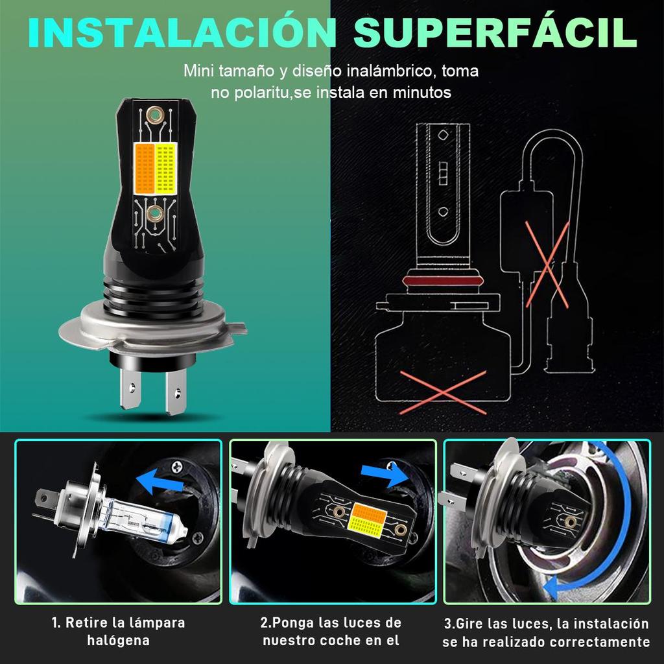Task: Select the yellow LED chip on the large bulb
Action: [x=166, y=168]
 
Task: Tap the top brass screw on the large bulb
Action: [x=155, y=115]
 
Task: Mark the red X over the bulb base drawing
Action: [x=443, y=392]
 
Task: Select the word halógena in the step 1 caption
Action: [x=118, y=641]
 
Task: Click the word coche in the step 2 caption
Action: [x=350, y=641]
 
